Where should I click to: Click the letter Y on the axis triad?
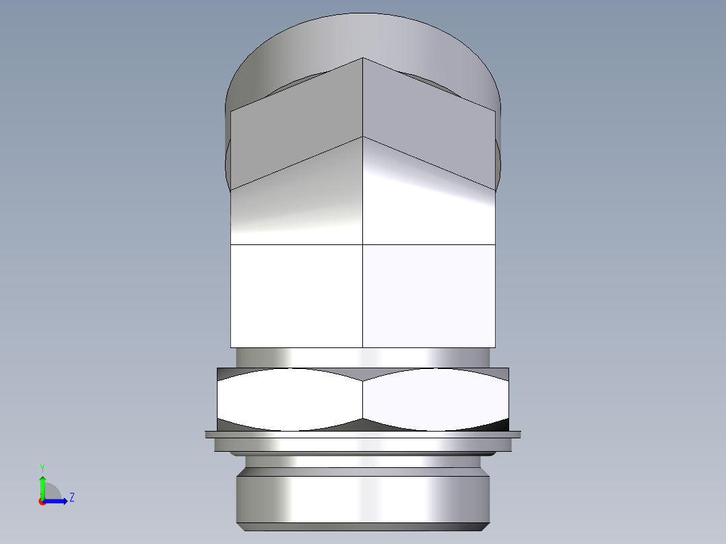tap(42, 467)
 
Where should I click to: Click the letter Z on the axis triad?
tap(71, 498)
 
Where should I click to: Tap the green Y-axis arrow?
tap(42, 485)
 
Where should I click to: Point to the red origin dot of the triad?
tap(42, 502)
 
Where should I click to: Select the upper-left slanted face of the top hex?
tap(296, 121)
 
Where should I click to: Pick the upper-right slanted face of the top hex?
tap(428, 121)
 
